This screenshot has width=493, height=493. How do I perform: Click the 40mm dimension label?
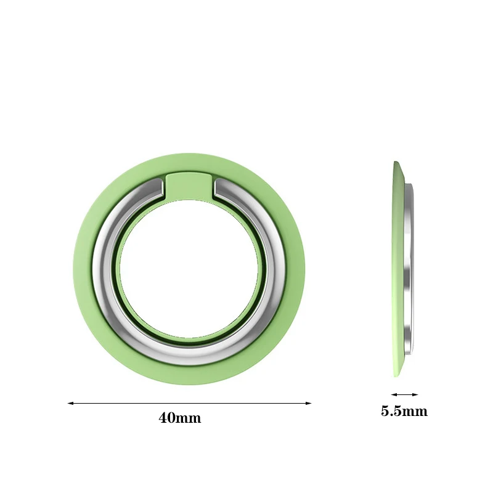(180, 418)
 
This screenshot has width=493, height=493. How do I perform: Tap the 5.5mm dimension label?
(404, 411)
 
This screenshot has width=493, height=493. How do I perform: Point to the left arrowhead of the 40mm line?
(70, 403)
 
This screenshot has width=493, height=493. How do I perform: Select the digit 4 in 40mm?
(163, 418)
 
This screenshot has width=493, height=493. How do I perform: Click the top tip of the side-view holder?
(396, 163)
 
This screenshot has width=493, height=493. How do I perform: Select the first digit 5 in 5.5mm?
(385, 411)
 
